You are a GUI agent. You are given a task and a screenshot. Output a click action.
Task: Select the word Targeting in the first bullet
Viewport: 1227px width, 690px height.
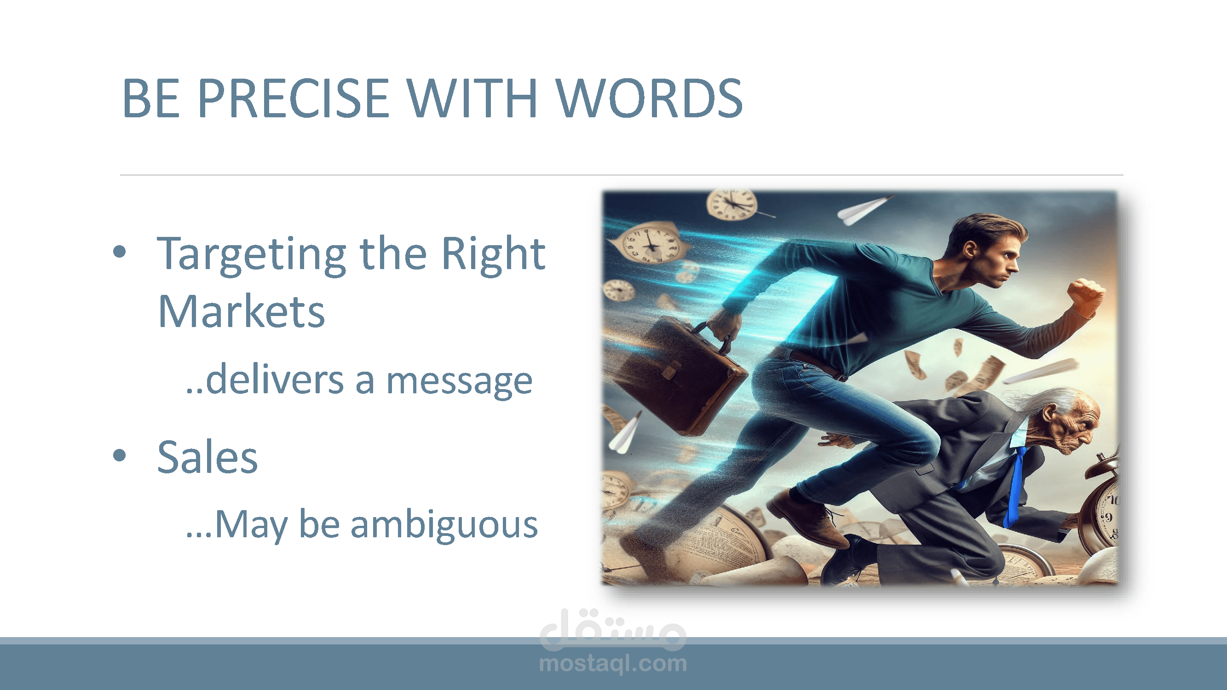[x=252, y=256]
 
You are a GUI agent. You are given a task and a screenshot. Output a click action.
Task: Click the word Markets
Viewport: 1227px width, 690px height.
[x=241, y=311]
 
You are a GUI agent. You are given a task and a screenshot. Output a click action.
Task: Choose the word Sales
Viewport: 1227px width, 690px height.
[x=207, y=457]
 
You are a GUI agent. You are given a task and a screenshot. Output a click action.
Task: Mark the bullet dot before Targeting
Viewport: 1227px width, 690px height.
[x=120, y=252]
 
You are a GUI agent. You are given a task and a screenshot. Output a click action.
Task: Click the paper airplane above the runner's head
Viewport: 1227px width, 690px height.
[x=863, y=209]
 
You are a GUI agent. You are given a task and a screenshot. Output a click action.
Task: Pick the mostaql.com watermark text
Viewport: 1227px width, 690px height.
[x=613, y=663]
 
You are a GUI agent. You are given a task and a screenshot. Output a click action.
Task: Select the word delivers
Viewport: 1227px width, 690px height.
[x=274, y=379]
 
